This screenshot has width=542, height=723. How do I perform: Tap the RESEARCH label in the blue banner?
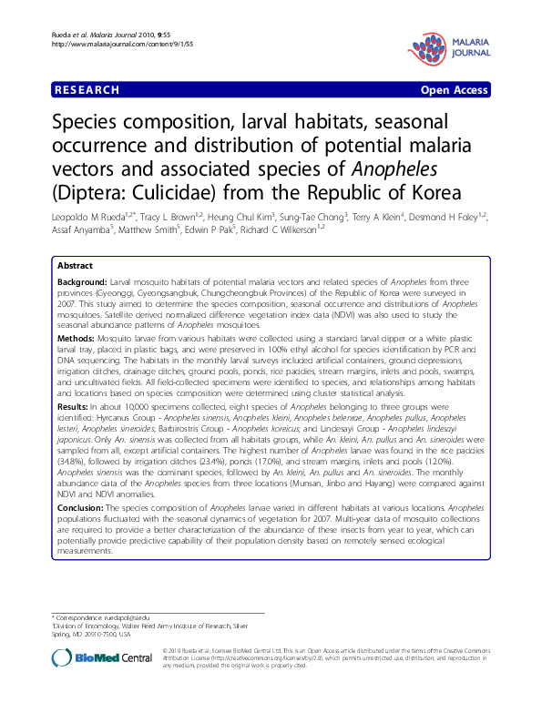tap(87, 90)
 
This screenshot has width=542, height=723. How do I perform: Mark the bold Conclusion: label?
tap(85, 508)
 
